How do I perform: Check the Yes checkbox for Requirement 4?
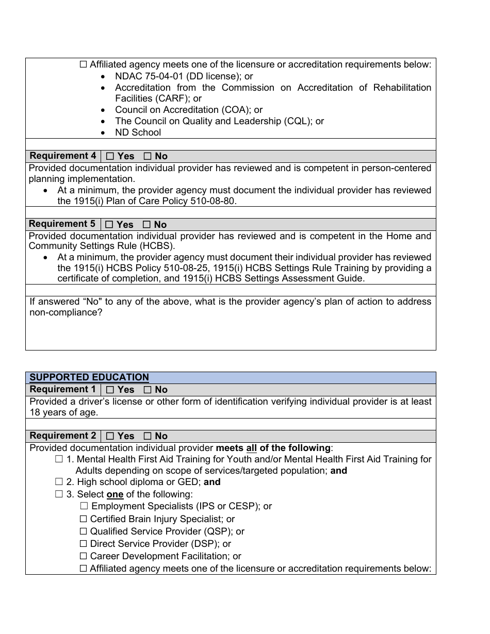[110, 156]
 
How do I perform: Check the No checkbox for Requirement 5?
[147, 225]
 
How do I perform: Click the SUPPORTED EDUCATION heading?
[89, 377]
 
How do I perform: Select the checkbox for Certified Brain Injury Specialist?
[84, 519]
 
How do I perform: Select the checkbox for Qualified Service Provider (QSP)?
[84, 531]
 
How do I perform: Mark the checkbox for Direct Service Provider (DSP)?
[84, 544]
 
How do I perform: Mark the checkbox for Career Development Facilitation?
[84, 556]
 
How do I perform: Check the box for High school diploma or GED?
[59, 482]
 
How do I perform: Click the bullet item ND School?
[138, 132]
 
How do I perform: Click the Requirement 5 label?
[62, 224]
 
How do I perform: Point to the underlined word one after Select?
[115, 494]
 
